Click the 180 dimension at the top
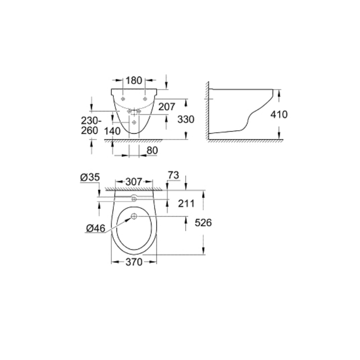click(134, 81)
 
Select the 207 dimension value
click(167, 107)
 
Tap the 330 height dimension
click(186, 120)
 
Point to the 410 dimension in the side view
click(279, 114)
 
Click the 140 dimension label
click(112, 131)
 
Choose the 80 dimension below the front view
click(152, 150)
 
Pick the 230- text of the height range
click(91, 121)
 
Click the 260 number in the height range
click(90, 130)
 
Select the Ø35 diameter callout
click(90, 177)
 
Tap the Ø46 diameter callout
click(96, 228)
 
